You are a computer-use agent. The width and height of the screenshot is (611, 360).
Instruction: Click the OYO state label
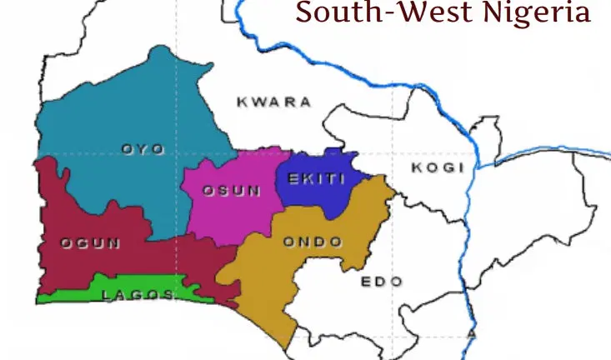pos(143,149)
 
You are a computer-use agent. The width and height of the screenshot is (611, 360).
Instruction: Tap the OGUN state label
pos(91,243)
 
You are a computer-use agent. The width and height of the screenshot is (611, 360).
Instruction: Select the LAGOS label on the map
pos(138,295)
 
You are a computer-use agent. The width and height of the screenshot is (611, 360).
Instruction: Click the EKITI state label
pos(316,177)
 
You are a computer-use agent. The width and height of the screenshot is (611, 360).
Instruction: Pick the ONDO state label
pos(313,242)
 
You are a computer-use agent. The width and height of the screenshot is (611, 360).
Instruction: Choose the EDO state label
pos(382,282)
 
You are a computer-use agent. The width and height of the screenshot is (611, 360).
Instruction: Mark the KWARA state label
pos(274,102)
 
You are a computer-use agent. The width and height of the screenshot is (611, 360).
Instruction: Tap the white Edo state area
pos(367,308)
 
